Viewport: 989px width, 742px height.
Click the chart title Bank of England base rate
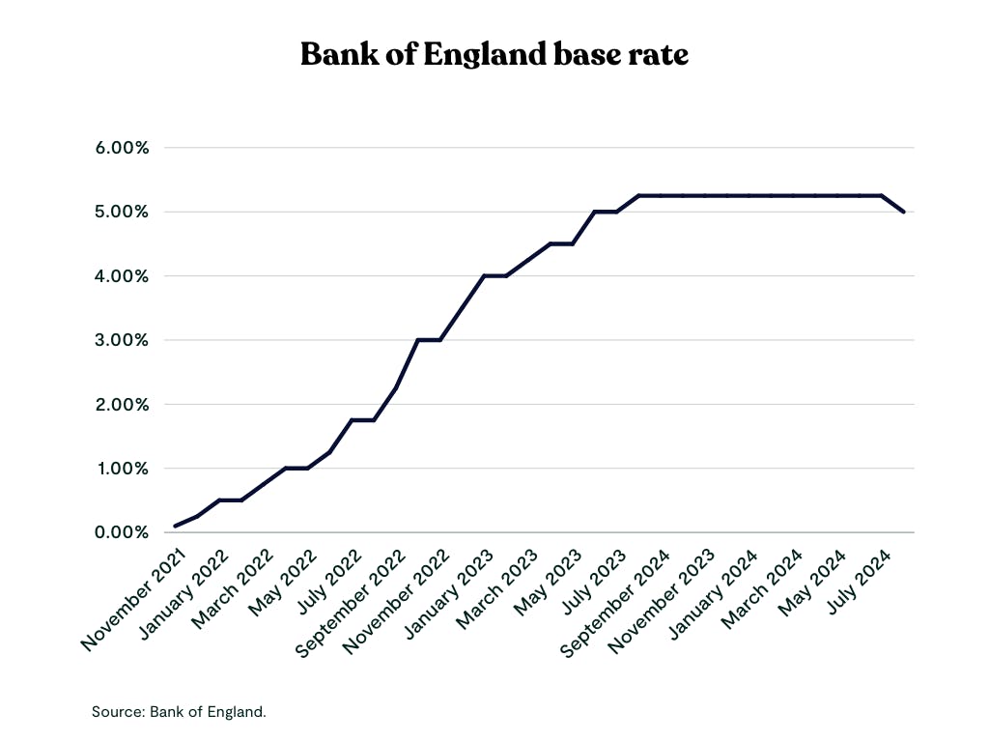click(494, 54)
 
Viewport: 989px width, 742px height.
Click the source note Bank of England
click(179, 712)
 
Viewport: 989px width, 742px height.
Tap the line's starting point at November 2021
click(175, 527)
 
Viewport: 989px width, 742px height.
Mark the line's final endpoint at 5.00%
click(904, 212)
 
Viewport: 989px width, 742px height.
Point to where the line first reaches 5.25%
click(639, 195)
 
